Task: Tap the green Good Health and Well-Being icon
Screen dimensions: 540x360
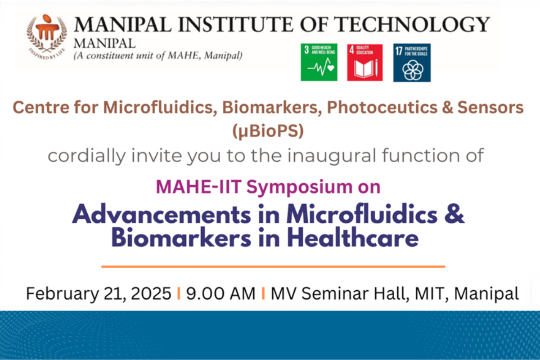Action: click(x=319, y=62)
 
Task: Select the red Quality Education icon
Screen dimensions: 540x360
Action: click(x=365, y=63)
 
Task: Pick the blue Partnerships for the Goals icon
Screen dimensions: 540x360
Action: click(x=412, y=63)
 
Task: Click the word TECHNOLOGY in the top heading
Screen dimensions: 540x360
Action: click(x=412, y=24)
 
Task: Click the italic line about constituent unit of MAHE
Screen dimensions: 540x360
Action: click(x=158, y=56)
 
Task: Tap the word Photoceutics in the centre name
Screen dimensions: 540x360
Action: click(x=382, y=107)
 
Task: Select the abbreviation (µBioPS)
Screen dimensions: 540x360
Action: click(x=268, y=131)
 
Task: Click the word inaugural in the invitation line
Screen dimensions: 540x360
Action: click(x=332, y=156)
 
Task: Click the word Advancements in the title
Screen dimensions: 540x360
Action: click(x=162, y=214)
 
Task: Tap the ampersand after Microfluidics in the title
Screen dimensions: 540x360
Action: click(x=454, y=214)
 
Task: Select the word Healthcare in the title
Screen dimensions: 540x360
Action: click(x=353, y=238)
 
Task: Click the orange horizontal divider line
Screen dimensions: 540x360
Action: click(x=273, y=267)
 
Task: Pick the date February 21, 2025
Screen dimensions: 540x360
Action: click(x=99, y=294)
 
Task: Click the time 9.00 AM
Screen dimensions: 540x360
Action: click(x=220, y=293)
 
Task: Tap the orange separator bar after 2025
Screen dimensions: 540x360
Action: click(x=179, y=293)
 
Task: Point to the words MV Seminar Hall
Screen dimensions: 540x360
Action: click(x=340, y=294)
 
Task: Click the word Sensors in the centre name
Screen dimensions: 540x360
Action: click(x=490, y=107)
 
